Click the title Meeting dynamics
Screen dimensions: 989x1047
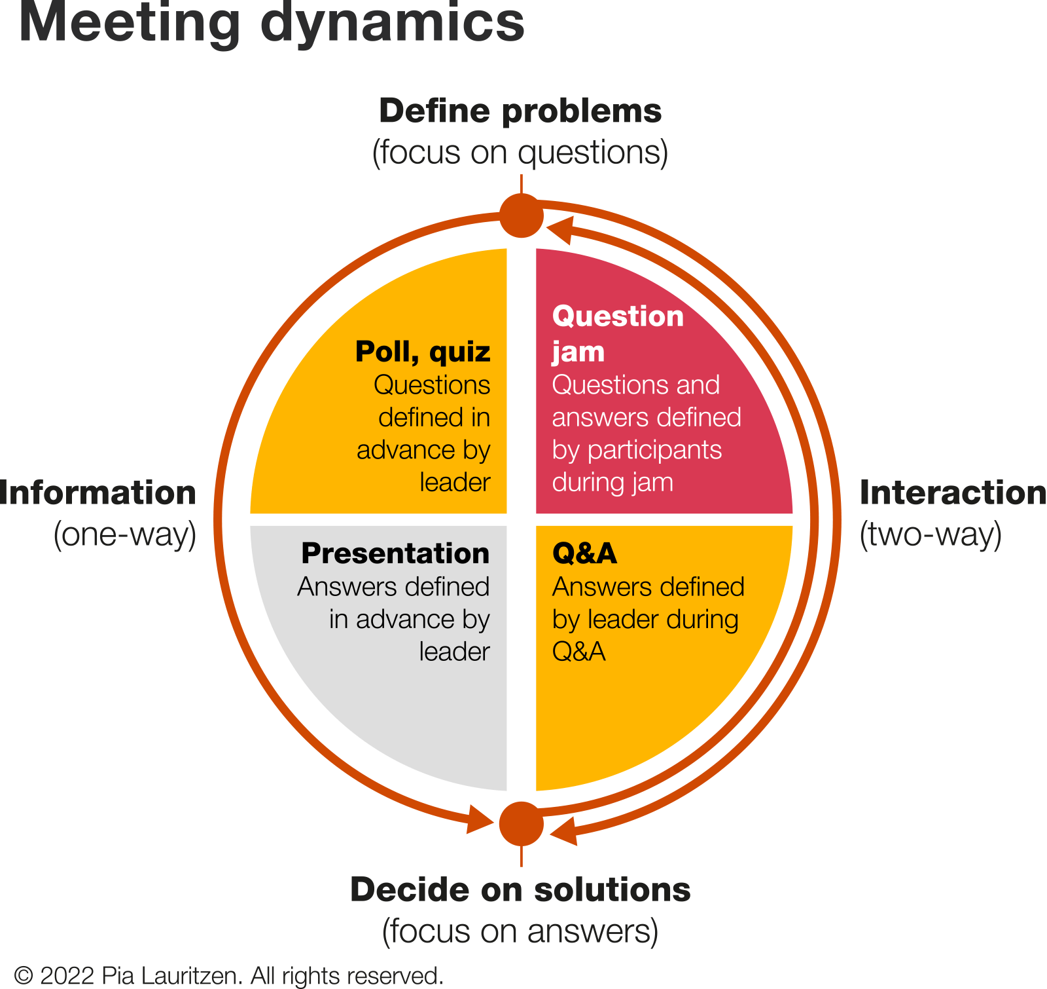272,24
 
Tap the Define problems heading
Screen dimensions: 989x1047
520,111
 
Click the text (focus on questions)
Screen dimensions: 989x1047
520,153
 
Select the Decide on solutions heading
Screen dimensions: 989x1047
520,889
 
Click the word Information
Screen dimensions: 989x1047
98,493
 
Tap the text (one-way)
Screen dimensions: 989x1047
125,534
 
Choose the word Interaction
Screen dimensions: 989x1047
952,493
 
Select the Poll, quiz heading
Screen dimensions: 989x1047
423,352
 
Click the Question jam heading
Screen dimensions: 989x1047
617,333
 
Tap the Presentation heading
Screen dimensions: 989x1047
395,553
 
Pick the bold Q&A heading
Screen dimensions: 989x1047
584,553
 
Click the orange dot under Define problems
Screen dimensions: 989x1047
522,215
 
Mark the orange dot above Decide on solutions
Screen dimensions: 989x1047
522,824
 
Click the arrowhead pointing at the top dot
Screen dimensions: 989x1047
560,230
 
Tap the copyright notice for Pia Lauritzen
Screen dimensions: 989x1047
229,976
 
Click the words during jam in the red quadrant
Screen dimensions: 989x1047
612,483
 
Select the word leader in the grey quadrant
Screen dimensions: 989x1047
454,652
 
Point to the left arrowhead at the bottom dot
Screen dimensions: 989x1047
480,819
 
